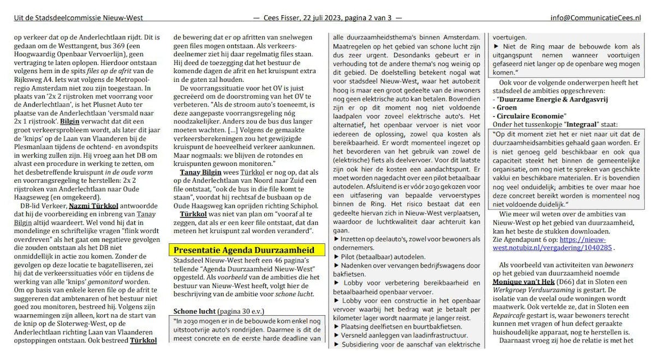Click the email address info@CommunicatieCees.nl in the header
click(x=596, y=18)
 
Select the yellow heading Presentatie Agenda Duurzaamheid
click(x=243, y=250)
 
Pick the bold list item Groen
click(x=508, y=107)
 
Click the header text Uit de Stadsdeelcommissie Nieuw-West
click(x=79, y=18)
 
